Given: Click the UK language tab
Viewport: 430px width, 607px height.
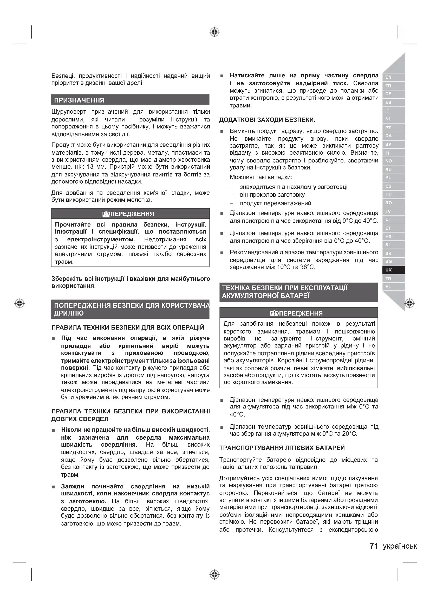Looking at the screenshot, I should (x=388, y=270).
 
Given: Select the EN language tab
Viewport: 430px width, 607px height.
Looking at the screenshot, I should (x=388, y=77).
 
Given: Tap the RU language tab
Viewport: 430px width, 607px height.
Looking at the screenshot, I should (x=388, y=169).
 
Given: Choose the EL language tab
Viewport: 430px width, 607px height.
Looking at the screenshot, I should (x=388, y=287).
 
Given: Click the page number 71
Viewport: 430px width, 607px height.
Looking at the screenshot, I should (x=374, y=546).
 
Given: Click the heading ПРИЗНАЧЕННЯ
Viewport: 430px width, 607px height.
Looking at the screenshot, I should (x=80, y=100).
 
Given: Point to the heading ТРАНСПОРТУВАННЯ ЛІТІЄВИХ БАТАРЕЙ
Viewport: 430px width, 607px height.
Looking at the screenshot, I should (x=282, y=448).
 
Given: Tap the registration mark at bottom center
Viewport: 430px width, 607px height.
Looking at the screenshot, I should (x=215, y=575).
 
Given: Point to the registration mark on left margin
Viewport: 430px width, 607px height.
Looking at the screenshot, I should (x=19, y=303).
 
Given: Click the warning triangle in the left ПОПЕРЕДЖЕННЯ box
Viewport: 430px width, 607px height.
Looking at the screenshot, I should (x=106, y=214).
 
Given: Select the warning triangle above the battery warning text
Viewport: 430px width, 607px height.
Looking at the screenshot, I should (x=274, y=313).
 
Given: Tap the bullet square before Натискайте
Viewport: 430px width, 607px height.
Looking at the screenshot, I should (x=222, y=76).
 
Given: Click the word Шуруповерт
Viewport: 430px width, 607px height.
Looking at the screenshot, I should (x=69, y=112).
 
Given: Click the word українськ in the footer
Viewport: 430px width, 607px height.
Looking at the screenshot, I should (x=400, y=546).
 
